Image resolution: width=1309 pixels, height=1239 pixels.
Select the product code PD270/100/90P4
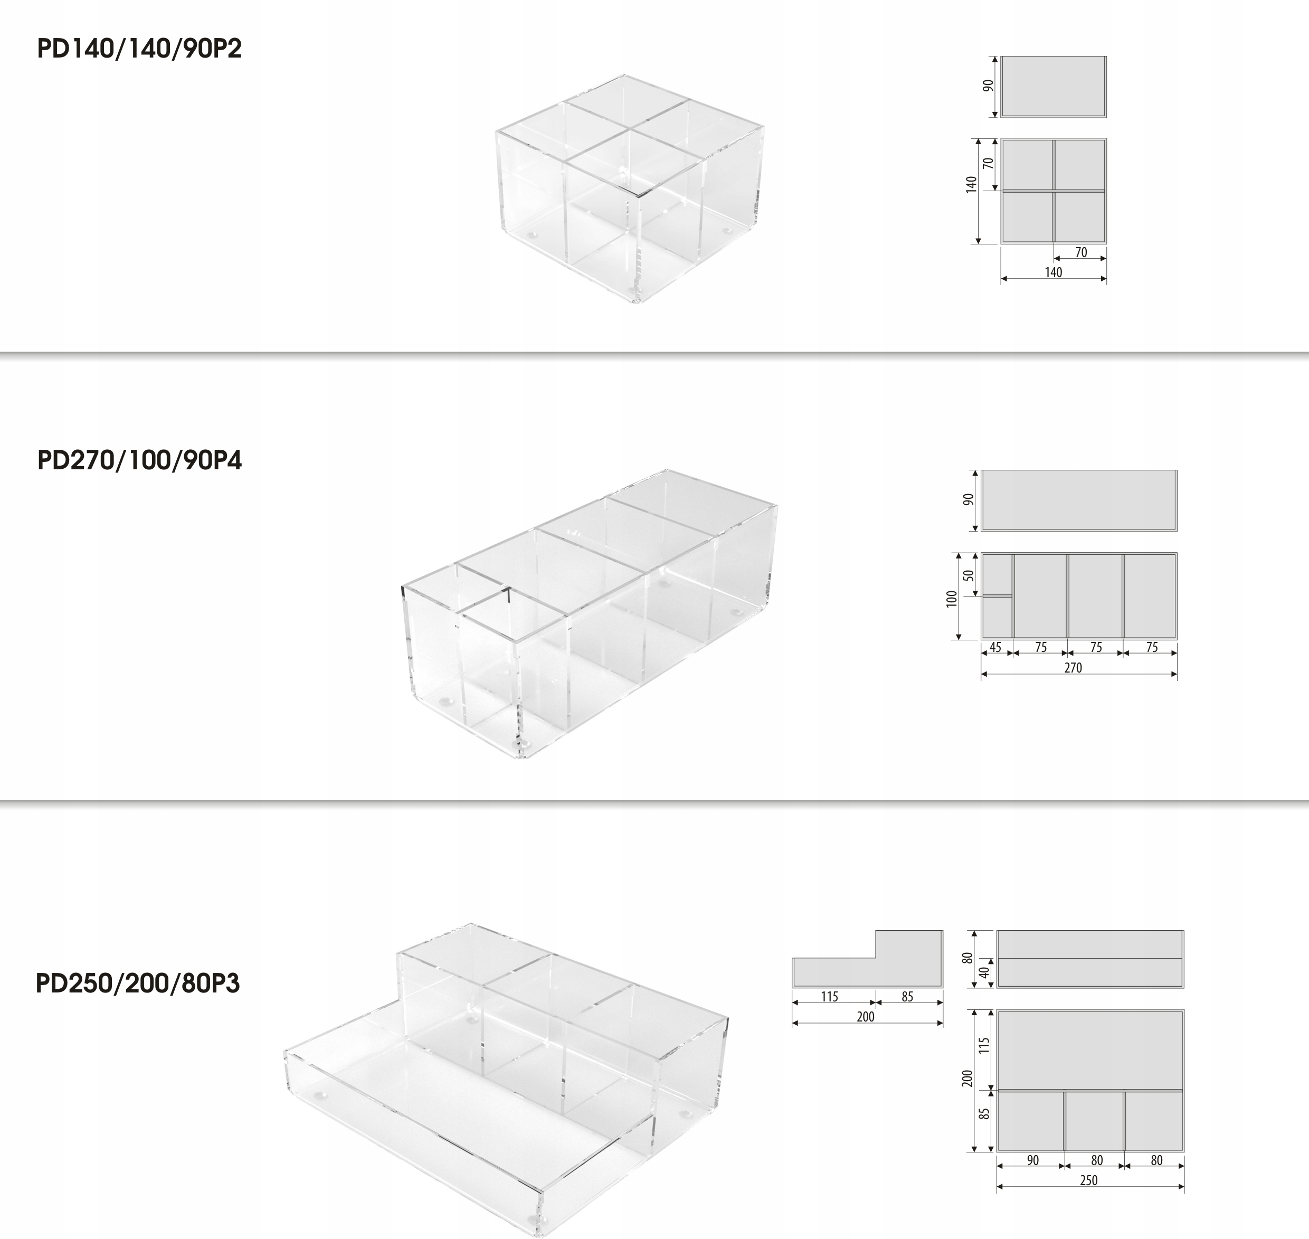point(139,460)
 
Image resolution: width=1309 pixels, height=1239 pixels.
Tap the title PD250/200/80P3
point(137,983)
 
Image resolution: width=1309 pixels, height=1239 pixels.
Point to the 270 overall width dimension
point(1073,667)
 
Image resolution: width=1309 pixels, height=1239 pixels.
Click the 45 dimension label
point(995,647)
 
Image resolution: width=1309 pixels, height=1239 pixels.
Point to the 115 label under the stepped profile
point(830,997)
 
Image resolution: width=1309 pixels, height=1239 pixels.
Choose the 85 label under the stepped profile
point(907,997)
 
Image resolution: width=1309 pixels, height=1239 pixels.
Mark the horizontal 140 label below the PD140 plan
point(1054,272)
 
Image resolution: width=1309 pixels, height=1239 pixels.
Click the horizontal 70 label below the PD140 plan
point(1080,252)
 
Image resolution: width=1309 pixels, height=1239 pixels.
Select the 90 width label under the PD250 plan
point(1033,1160)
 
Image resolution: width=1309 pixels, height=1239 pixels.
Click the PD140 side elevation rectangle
point(1054,87)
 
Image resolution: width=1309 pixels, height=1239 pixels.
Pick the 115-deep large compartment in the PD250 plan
point(1090,1049)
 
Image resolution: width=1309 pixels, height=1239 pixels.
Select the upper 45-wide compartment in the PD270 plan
point(997,574)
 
